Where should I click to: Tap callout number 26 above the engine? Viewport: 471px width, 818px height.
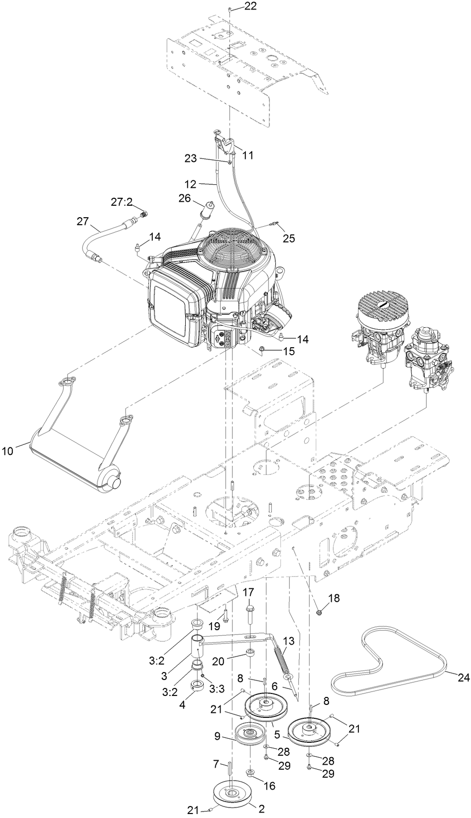tap(185, 198)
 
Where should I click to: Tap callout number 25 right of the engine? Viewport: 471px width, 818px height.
tap(289, 239)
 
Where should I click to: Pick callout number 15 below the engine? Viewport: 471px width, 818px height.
tap(288, 351)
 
